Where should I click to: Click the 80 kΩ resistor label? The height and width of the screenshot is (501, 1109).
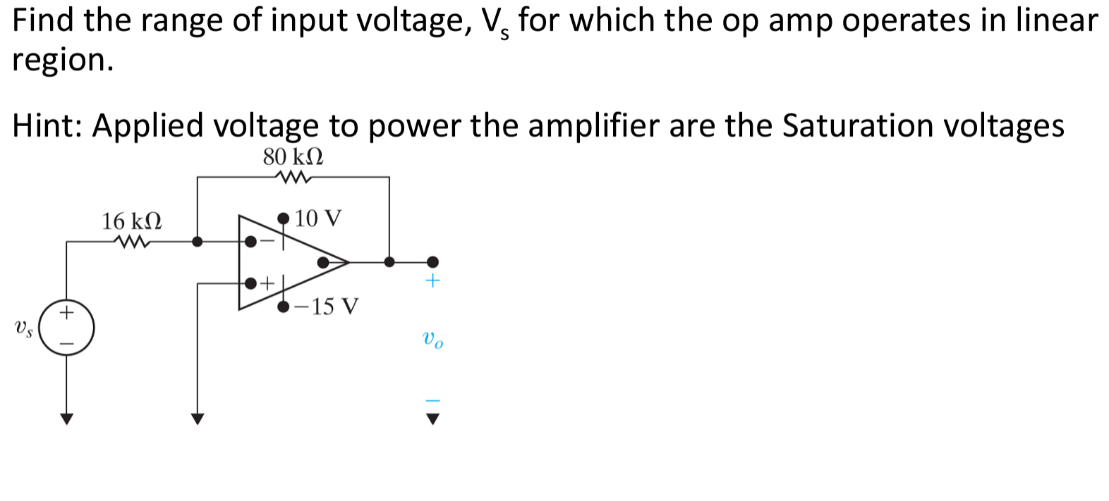click(x=293, y=156)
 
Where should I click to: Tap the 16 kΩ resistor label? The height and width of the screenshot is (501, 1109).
click(x=132, y=221)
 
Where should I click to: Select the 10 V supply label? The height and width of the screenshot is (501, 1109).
click(x=318, y=218)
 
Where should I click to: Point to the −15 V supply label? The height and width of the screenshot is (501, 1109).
click(x=327, y=307)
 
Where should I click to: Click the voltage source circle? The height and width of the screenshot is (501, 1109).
click(x=66, y=328)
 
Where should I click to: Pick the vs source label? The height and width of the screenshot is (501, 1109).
click(x=23, y=328)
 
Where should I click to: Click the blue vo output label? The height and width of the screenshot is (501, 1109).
click(x=432, y=340)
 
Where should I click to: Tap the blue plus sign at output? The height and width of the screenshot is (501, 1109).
click(x=432, y=280)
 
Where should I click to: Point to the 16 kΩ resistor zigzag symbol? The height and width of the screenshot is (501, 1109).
click(x=133, y=242)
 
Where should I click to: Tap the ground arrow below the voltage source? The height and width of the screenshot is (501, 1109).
click(x=66, y=419)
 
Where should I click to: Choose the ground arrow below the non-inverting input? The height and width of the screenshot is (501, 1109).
click(x=198, y=419)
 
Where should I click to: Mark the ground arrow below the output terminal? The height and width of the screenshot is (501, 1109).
click(x=432, y=419)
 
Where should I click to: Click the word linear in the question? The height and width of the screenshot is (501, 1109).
click(x=1055, y=20)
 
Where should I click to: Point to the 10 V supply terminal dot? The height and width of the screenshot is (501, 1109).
click(x=284, y=218)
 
